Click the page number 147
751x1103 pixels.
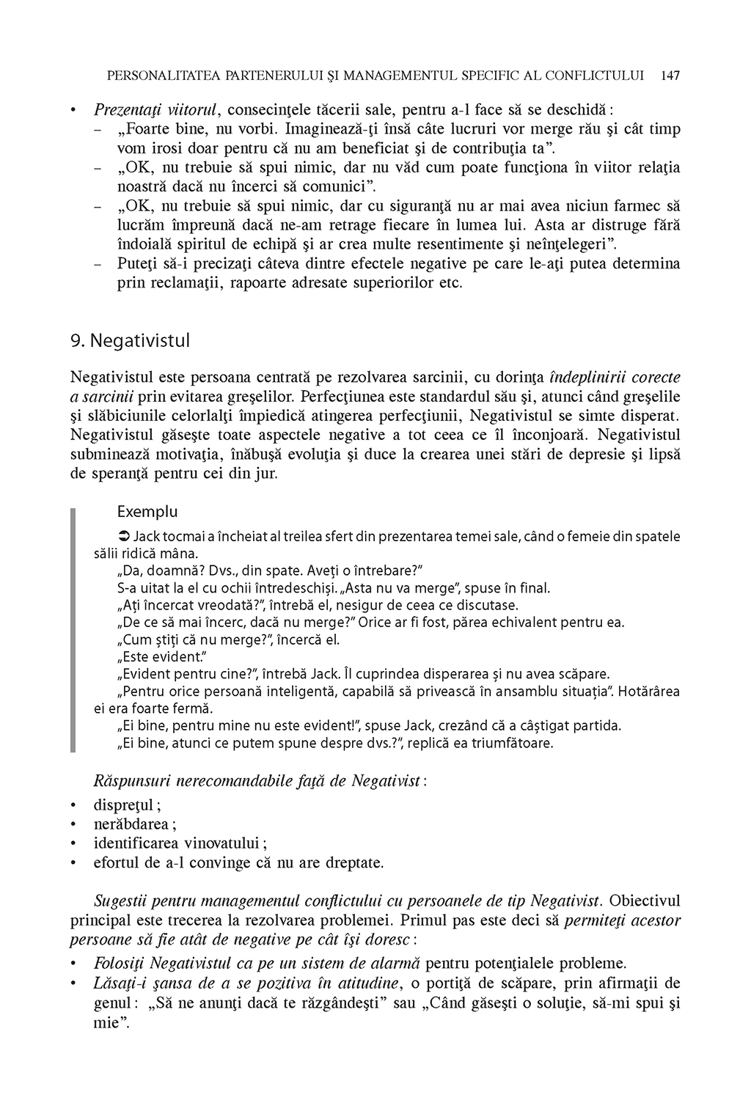tap(670, 75)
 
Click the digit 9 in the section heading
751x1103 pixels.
tap(75, 340)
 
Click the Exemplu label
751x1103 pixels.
tap(147, 511)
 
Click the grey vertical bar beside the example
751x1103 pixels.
tap(73, 631)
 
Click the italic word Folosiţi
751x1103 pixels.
tap(121, 963)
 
